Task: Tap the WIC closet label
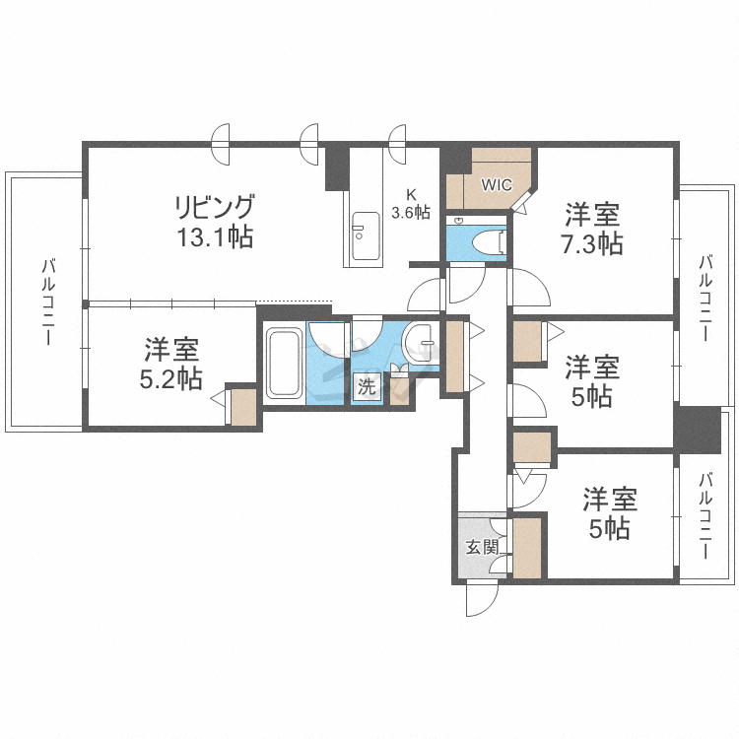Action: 495,184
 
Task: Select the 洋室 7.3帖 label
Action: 592,229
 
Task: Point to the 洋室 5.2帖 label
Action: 172,363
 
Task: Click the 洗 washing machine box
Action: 367,387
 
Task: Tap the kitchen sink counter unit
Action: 365,236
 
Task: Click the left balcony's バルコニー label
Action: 46,301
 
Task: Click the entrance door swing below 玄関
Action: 482,597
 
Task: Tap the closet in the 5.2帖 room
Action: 243,407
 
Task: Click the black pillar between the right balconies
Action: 697,430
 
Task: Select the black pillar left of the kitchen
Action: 337,168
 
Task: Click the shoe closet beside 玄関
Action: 527,547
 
